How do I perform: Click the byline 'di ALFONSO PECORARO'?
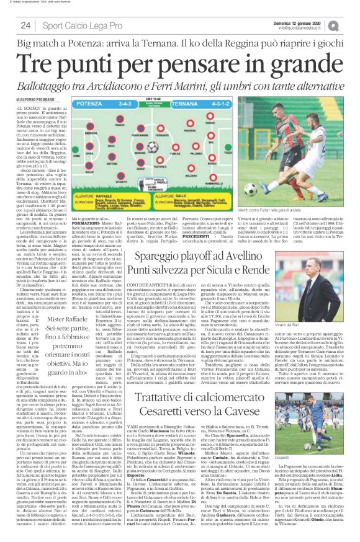[34, 98]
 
